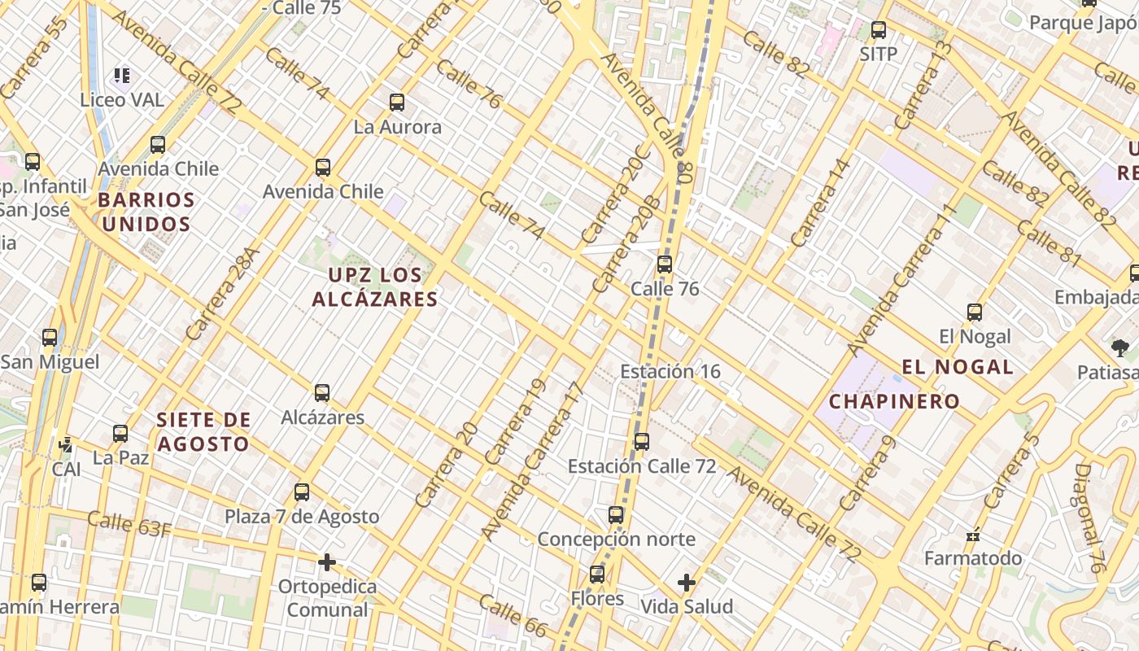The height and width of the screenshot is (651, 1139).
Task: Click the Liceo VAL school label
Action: tap(122, 100)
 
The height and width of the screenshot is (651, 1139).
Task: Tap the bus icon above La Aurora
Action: tap(397, 103)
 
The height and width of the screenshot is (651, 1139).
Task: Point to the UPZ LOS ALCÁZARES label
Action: tap(375, 287)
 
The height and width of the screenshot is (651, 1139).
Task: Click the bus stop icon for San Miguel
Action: tap(50, 338)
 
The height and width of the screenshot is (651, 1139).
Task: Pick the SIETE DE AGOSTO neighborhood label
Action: tap(203, 432)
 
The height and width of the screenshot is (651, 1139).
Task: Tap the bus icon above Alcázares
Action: tap(322, 393)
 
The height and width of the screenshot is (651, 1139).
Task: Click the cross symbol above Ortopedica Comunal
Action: tap(327, 562)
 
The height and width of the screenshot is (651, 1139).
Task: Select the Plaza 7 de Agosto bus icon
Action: tap(302, 492)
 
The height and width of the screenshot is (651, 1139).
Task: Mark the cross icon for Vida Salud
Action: tap(687, 583)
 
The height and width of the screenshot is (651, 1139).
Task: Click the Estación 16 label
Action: tap(670, 372)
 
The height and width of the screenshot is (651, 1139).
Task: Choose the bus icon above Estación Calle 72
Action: tap(642, 442)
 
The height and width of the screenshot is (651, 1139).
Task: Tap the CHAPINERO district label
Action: tap(895, 401)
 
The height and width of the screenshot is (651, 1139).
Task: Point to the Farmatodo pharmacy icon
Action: tap(973, 535)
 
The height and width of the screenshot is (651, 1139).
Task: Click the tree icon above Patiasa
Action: tap(1119, 348)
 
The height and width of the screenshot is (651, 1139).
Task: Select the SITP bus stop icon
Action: tap(879, 31)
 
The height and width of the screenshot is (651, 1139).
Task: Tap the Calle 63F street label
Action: tap(129, 524)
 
